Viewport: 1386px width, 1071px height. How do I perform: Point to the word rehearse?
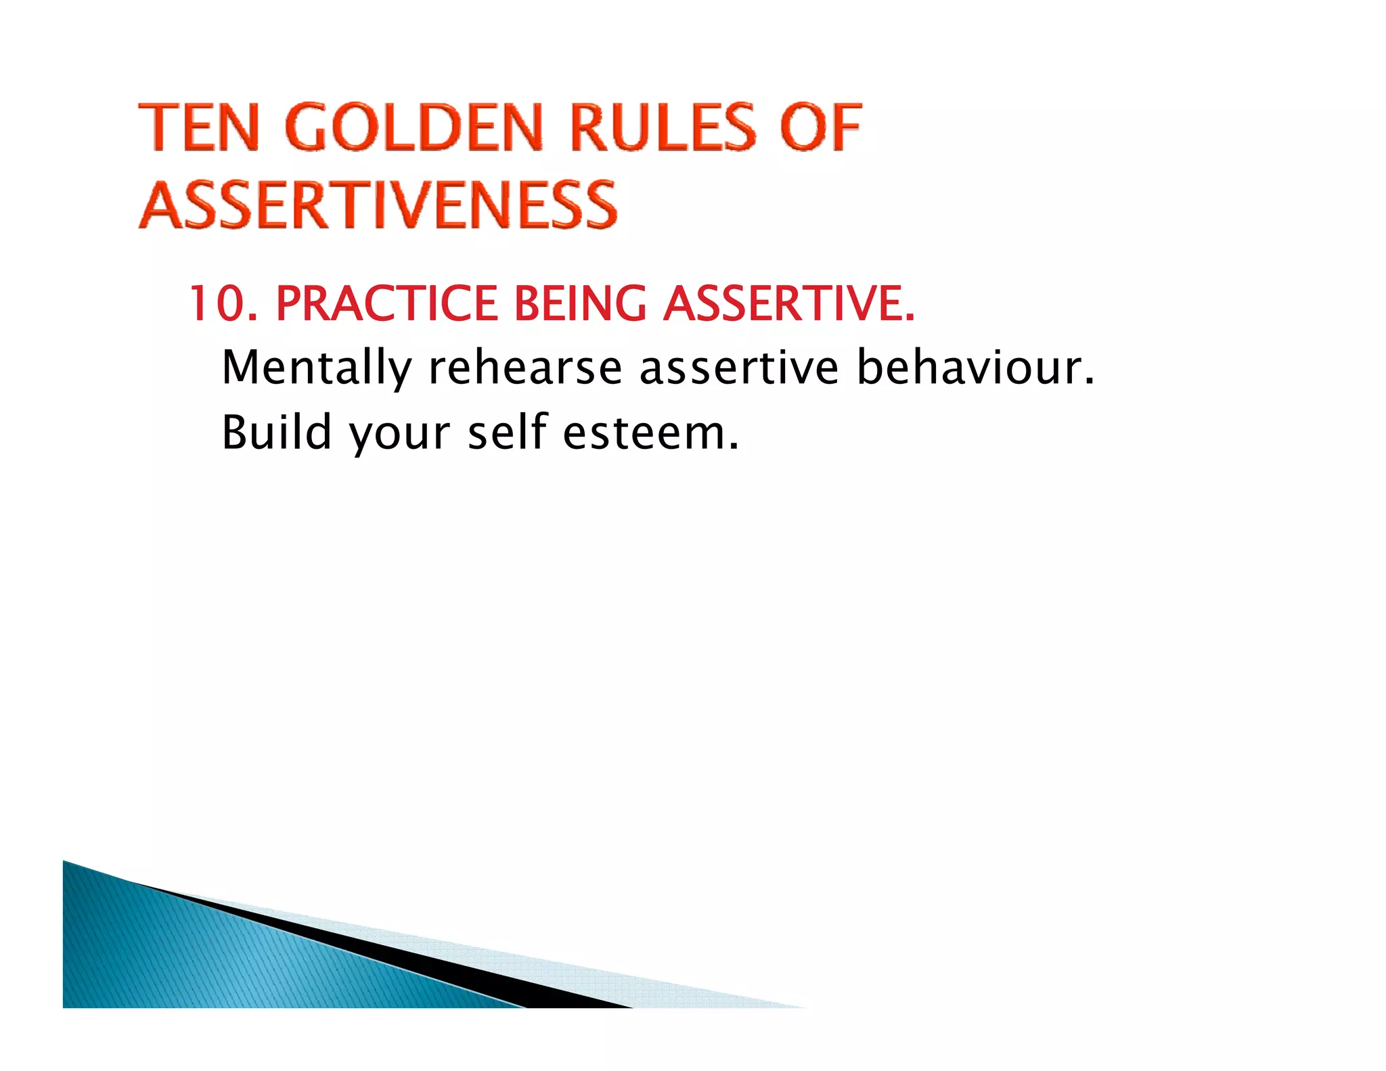[525, 368]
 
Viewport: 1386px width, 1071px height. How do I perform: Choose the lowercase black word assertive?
[739, 368]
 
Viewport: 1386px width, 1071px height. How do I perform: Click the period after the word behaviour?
[1088, 383]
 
